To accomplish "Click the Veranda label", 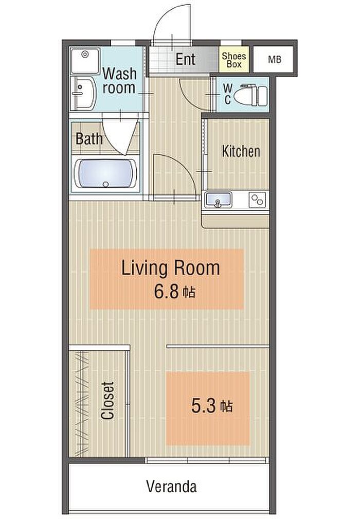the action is (171, 487).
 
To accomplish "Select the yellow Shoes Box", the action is (233, 60).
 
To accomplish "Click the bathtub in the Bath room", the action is (105, 173).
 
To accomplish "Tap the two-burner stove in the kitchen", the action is (257, 200).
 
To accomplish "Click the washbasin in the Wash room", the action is (83, 94).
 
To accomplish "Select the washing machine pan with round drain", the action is (85, 61).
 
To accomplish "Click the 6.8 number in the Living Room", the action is (167, 292).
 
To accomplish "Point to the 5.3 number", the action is (204, 406).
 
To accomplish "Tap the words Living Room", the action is (170, 268).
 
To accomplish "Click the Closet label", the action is (107, 401).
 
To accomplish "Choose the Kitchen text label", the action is (241, 151).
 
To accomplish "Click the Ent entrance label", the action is (185, 60).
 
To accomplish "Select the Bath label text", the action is (88, 139).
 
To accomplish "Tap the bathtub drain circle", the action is (105, 184).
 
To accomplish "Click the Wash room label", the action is (119, 81).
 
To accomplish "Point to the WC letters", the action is (228, 94).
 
